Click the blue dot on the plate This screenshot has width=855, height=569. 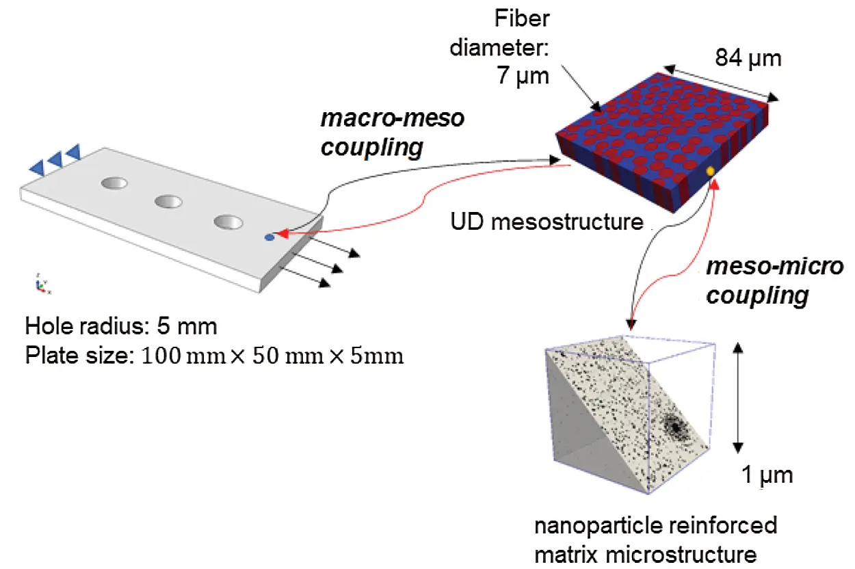[269, 237]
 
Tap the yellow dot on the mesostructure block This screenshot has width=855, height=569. [711, 172]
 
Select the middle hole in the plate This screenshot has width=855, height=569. [168, 201]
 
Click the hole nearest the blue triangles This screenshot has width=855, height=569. [114, 183]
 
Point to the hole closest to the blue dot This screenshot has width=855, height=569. [228, 222]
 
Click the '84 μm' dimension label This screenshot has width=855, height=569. [748, 58]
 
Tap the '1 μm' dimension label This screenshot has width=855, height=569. [767, 475]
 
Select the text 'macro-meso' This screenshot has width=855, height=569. [393, 118]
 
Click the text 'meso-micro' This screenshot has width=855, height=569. [775, 266]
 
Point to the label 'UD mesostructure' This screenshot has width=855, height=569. [547, 222]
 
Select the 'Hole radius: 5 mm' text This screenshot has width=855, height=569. [121, 326]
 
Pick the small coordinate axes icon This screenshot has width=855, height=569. [41, 284]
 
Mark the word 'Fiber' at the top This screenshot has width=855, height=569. [522, 18]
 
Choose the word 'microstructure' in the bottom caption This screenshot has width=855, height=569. [681, 555]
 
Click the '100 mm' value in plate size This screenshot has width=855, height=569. [184, 356]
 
